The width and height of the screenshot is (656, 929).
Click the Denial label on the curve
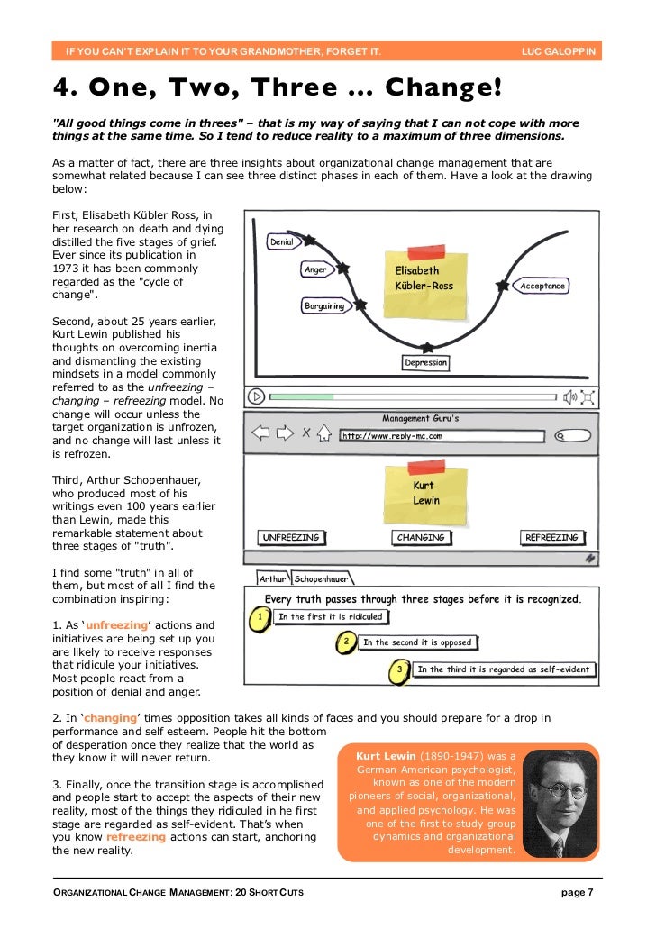tap(281, 242)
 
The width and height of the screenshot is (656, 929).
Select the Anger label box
tap(315, 269)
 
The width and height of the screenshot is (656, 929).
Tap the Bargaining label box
tap(324, 306)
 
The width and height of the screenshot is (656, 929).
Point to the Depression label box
tap(425, 362)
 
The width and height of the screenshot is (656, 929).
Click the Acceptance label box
tap(542, 286)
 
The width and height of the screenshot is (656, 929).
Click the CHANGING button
tap(421, 538)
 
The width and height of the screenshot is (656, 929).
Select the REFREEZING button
tap(551, 538)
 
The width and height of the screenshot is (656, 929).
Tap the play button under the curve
tap(257, 396)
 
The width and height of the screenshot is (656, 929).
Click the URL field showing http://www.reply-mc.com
tap(442, 436)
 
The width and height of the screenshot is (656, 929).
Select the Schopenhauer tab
tap(320, 578)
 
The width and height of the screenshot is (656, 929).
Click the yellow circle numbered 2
tap(345, 642)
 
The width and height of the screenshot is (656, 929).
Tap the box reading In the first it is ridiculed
tap(330, 617)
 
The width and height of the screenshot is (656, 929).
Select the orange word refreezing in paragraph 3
tap(135, 836)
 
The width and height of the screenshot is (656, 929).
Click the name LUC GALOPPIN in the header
tap(558, 51)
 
